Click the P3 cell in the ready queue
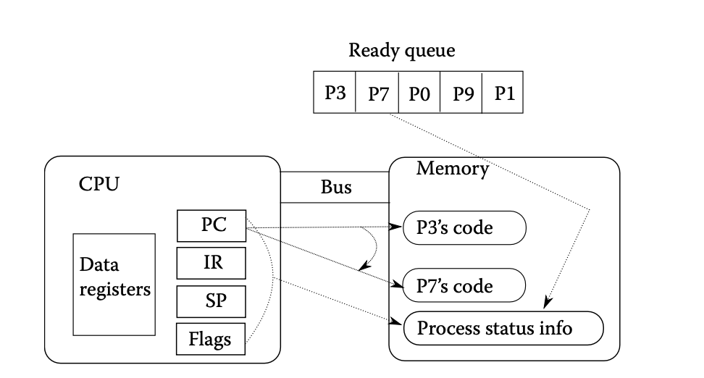[334, 94]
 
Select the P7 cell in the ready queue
[377, 94]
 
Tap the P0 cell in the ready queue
[419, 94]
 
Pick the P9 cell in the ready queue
[461, 94]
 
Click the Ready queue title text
[402, 51]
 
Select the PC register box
[211, 226]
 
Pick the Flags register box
[211, 339]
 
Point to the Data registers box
[114, 284]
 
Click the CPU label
[99, 184]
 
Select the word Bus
[336, 188]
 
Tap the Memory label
[452, 169]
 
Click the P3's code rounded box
[464, 228]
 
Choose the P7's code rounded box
[464, 286]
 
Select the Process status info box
[503, 328]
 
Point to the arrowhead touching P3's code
[398, 227]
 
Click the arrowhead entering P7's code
[398, 285]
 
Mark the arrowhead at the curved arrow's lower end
[361, 269]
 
